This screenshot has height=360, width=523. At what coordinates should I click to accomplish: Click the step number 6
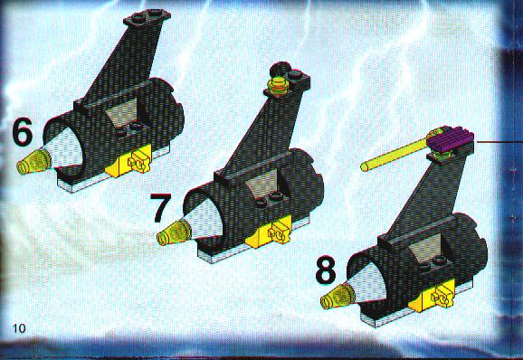(x=23, y=132)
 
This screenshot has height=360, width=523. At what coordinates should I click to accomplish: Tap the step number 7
(x=161, y=207)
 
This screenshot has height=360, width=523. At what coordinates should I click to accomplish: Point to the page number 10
(x=19, y=328)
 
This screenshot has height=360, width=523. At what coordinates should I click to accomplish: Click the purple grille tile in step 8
(x=451, y=139)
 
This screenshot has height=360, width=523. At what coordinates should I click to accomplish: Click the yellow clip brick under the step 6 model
(x=129, y=161)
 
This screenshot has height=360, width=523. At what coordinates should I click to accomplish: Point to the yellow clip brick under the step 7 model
(x=270, y=232)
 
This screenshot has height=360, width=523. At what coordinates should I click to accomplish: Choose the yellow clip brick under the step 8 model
(x=433, y=295)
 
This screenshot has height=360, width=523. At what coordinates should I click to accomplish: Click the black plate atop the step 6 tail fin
(x=147, y=17)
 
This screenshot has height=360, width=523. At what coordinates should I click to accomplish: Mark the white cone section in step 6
(x=65, y=149)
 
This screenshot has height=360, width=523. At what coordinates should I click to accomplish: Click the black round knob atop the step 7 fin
(x=280, y=69)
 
